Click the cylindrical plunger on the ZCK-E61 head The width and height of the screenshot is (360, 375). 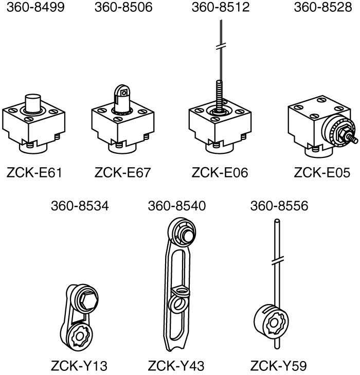tap(33, 102)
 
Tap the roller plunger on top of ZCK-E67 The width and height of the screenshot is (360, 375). tap(122, 94)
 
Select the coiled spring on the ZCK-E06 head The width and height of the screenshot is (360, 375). tap(220, 93)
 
